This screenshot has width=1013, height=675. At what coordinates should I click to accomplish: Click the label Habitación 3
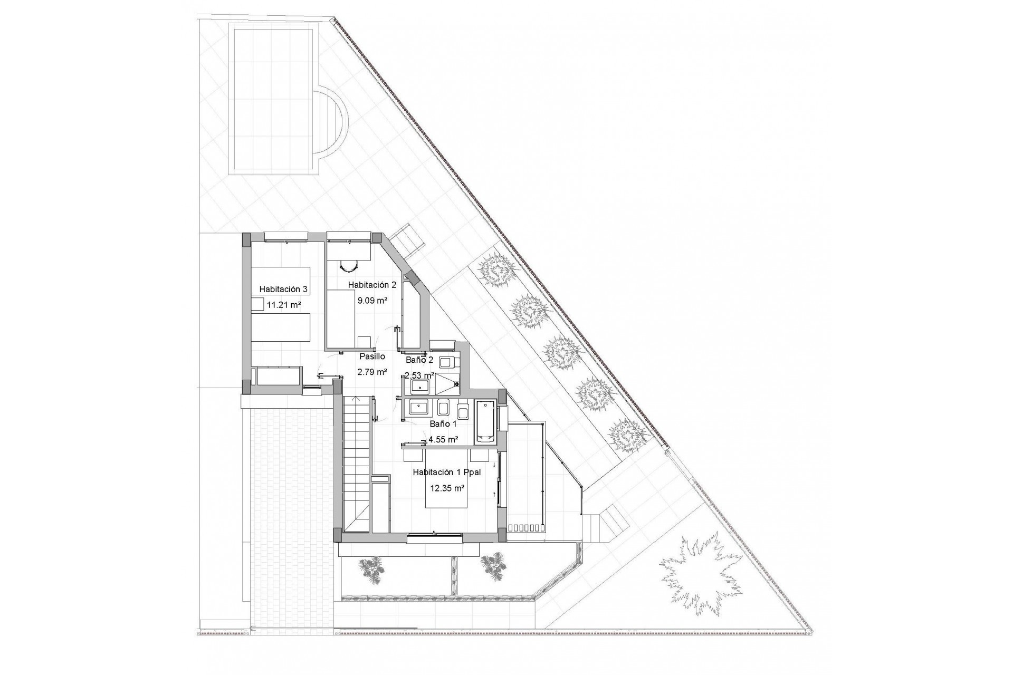283,289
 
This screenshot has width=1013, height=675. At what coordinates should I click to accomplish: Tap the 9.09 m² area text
373,301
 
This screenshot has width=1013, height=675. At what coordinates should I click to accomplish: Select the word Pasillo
372,356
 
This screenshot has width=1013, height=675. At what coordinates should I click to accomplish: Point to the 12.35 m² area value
447,488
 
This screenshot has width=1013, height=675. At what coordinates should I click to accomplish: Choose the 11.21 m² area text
284,304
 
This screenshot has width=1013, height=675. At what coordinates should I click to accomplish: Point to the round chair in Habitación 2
348,266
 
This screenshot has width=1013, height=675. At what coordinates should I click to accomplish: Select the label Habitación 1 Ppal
447,472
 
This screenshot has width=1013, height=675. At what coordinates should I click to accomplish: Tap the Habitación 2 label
372,285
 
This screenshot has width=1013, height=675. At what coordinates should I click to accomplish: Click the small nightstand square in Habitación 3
257,304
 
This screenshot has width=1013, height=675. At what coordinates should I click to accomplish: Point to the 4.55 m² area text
443,439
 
